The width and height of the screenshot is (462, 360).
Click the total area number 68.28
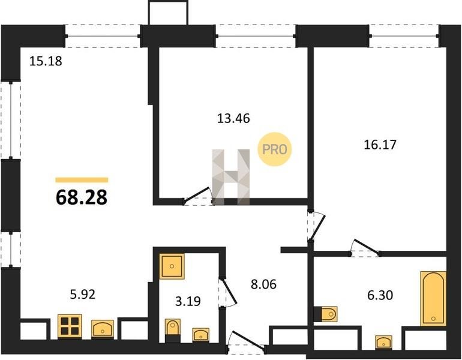coord(82,197)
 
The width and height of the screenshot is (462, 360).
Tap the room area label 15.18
coord(46,61)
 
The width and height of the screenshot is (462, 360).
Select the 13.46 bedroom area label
coord(233,118)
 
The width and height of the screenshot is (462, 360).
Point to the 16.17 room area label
coord(380,145)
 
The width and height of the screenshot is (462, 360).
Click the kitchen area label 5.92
coord(83,295)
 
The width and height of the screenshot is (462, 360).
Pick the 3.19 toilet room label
coord(188,301)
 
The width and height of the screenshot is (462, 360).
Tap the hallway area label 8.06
coord(264,284)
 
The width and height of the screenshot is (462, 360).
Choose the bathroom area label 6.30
coord(380,295)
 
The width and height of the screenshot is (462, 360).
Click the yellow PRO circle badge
coord(275,149)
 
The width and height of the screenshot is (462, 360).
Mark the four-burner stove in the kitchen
coord(70,326)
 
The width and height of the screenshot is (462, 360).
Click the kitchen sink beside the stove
coord(103,328)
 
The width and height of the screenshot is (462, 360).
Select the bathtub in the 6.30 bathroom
coord(433,299)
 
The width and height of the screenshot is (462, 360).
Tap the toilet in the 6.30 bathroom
coord(326,314)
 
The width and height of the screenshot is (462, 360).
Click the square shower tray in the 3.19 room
coord(172,266)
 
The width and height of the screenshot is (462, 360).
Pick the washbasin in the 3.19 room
coord(201,335)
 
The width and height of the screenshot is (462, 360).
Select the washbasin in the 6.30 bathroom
coord(383,343)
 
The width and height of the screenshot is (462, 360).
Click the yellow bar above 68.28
coord(82,180)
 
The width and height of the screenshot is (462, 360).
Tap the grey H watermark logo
coord(231,177)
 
